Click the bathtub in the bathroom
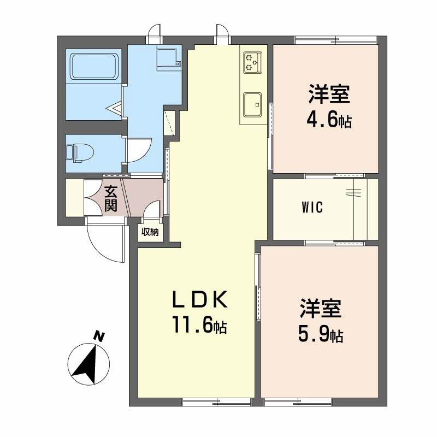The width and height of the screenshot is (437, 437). pyautogui.click(x=94, y=67)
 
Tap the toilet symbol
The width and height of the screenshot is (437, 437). pyautogui.click(x=80, y=153)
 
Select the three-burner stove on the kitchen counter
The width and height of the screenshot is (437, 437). pyautogui.click(x=253, y=62)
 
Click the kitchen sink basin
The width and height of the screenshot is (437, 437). pyautogui.click(x=252, y=104)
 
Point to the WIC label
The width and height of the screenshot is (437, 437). pyautogui.click(x=312, y=207)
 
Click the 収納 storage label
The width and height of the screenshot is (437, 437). pyautogui.click(x=150, y=232)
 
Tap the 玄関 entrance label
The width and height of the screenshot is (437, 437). pyautogui.click(x=111, y=198)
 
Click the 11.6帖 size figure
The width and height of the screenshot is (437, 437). pyautogui.click(x=199, y=324)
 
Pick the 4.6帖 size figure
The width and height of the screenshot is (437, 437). pyautogui.click(x=329, y=120)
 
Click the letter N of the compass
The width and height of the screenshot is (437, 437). pyautogui.click(x=98, y=336)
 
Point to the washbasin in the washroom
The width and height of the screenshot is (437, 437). pyautogui.click(x=169, y=58)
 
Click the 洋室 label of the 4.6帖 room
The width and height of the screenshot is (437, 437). pyautogui.click(x=329, y=94)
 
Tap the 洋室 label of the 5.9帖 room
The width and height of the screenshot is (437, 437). pyautogui.click(x=321, y=308)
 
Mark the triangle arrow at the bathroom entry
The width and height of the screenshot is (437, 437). pyautogui.click(x=114, y=108)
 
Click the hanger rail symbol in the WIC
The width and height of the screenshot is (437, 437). pyautogui.click(x=353, y=193)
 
